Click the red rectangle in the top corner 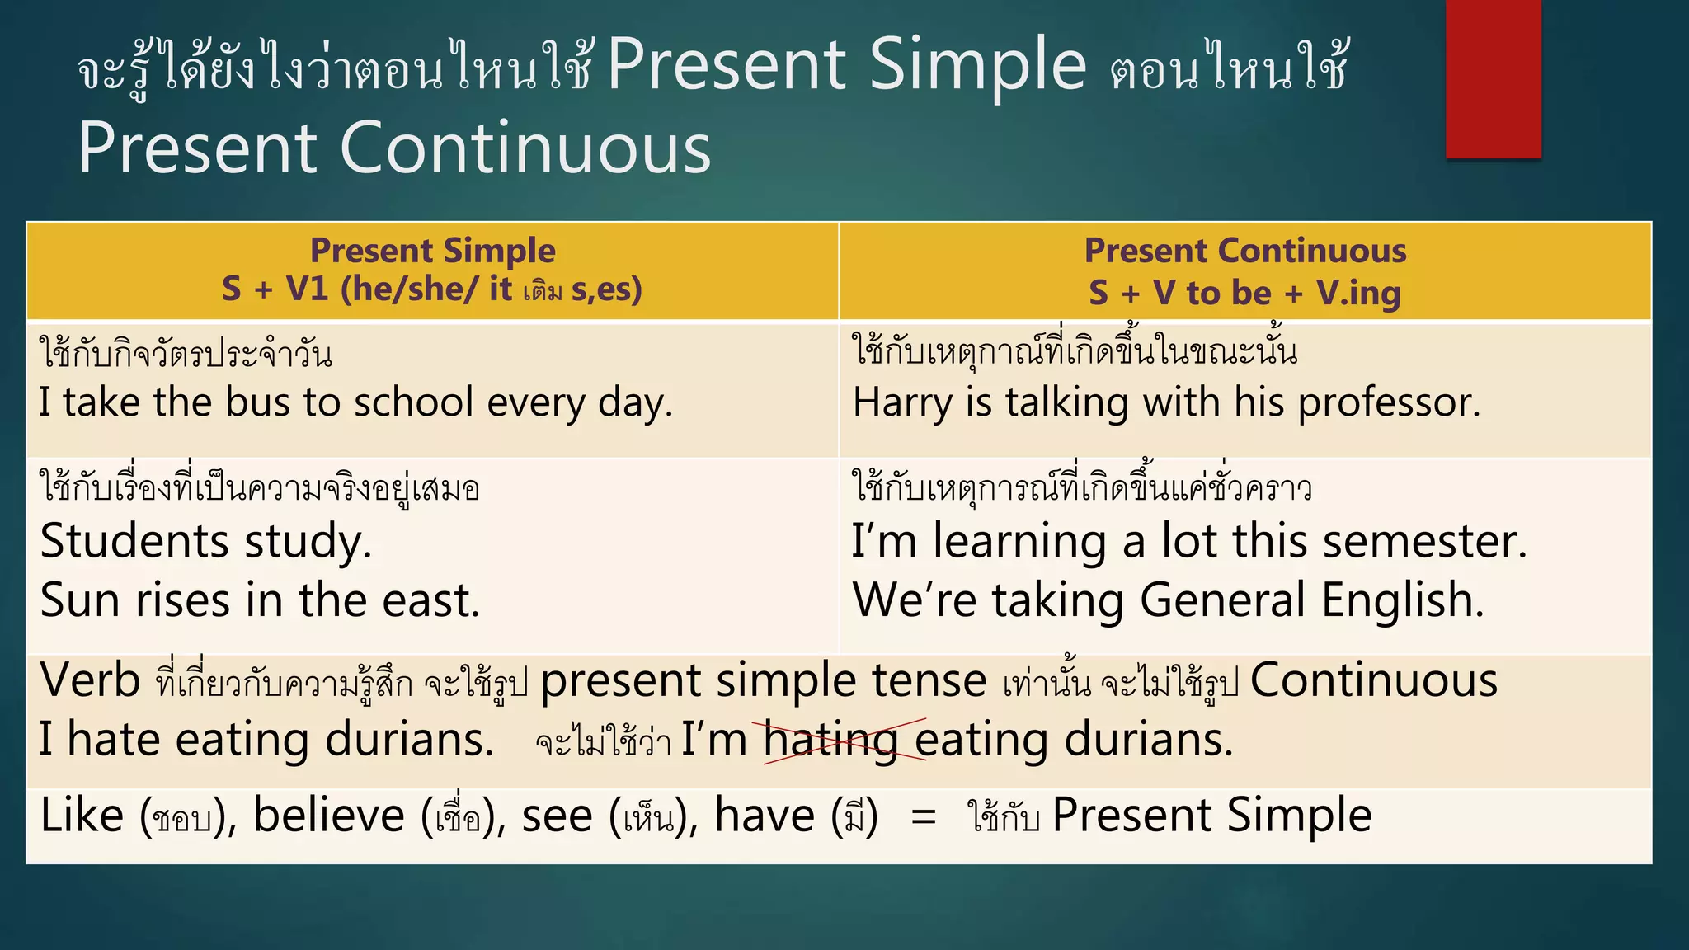tap(1493, 78)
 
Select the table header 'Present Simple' tap(432, 251)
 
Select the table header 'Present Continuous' tap(1244, 251)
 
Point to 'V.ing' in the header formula tap(1358, 293)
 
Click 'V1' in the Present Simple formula tap(307, 289)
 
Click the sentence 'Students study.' tap(206, 543)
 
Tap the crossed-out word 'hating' tap(830, 740)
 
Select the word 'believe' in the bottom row tap(328, 816)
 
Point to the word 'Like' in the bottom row tap(82, 816)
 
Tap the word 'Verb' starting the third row tap(90, 681)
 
